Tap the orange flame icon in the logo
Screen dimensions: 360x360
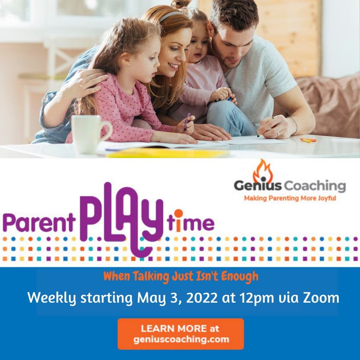tap(263, 171)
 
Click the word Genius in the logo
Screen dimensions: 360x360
tap(258, 186)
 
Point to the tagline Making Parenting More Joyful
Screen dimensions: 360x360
tap(290, 198)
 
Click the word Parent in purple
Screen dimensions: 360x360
tap(39, 222)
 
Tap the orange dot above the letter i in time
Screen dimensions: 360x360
tap(179, 213)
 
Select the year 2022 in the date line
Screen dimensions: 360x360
tap(202, 298)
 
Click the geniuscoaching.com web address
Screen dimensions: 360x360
tap(181, 340)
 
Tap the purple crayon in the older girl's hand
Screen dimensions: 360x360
tap(187, 121)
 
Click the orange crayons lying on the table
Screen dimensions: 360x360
tap(308, 140)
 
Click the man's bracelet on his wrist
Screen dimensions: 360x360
tap(293, 125)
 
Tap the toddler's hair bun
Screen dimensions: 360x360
tap(181, 4)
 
